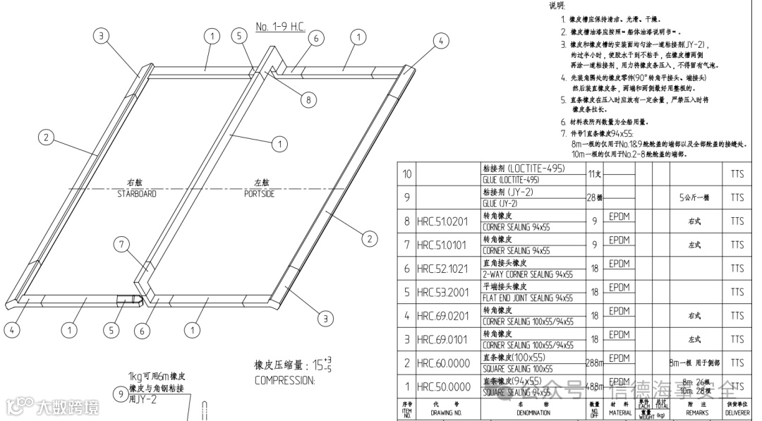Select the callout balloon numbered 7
[123, 245]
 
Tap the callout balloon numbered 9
[120, 394]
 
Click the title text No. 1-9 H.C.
[280, 27]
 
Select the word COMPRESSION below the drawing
[284, 380]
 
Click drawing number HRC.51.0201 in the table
[442, 221]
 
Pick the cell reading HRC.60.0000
[442, 363]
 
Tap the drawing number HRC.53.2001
[442, 292]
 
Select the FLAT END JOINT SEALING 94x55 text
[527, 298]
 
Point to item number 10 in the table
[406, 173]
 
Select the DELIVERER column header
[737, 412]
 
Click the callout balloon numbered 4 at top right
[440, 42]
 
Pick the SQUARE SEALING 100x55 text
[516, 369]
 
